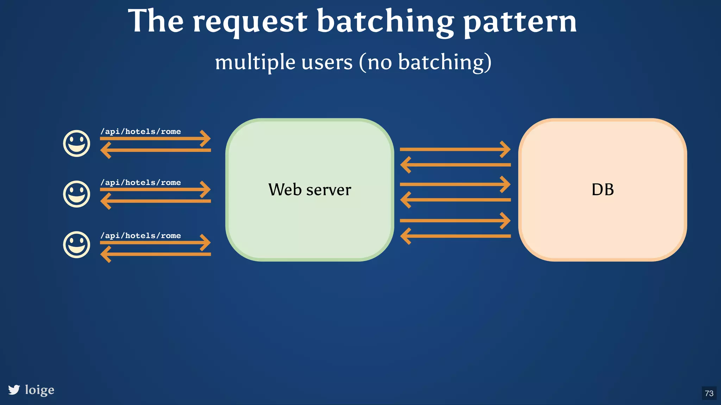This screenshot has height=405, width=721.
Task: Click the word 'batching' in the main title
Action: [x=385, y=22]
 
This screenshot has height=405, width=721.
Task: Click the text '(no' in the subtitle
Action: [x=375, y=62]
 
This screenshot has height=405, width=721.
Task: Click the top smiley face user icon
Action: [x=76, y=143]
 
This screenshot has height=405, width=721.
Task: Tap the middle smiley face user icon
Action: [x=76, y=194]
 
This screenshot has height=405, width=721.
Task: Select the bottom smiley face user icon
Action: [x=76, y=245]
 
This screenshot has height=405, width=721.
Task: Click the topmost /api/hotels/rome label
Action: [x=141, y=131]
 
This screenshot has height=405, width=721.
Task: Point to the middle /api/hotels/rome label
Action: [x=141, y=182]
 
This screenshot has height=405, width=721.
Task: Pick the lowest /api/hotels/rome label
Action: [x=141, y=236]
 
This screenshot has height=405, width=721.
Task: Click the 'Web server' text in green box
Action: [x=309, y=190]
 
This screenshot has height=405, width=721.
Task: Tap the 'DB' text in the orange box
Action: [x=602, y=190]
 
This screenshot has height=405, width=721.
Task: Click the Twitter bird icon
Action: [x=14, y=390]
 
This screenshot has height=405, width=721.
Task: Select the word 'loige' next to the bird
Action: [x=39, y=390]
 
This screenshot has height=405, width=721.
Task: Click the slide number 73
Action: [x=709, y=393]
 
